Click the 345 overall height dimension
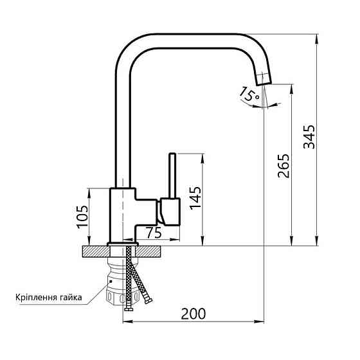click(x=309, y=137)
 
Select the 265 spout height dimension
click(x=284, y=166)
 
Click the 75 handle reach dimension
click(x=153, y=233)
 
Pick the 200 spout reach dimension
click(x=193, y=314)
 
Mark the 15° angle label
click(x=249, y=94)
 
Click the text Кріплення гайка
click(x=50, y=297)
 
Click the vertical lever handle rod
click(x=172, y=175)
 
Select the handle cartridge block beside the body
click(x=170, y=212)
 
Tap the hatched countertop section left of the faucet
click(x=95, y=250)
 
